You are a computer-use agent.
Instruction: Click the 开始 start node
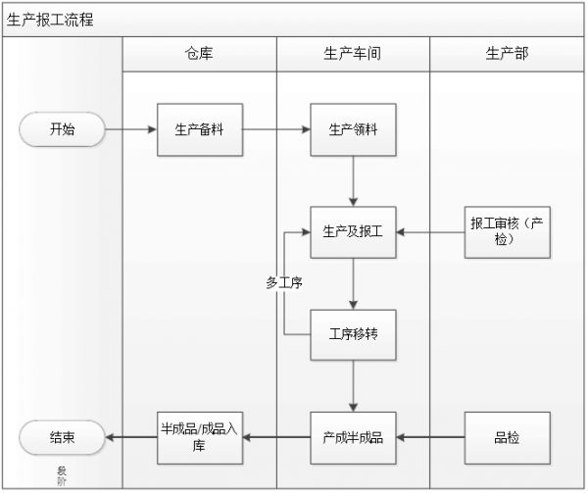[x=62, y=129]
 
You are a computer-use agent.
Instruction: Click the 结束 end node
[x=62, y=437]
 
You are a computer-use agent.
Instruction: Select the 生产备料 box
[x=200, y=129]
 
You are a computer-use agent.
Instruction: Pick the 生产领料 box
[x=353, y=129]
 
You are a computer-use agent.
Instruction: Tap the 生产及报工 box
[x=353, y=232]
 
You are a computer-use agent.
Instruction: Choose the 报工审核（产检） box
[x=507, y=232]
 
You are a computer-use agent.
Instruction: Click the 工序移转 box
[x=353, y=335]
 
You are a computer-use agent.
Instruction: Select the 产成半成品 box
[x=353, y=437]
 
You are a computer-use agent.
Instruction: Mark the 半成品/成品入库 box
[x=200, y=437]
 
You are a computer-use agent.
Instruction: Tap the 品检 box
[x=507, y=437]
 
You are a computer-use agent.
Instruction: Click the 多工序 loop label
[x=283, y=282]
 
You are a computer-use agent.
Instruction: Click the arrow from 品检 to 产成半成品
[x=430, y=437]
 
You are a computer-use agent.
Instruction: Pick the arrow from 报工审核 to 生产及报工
[x=430, y=232]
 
